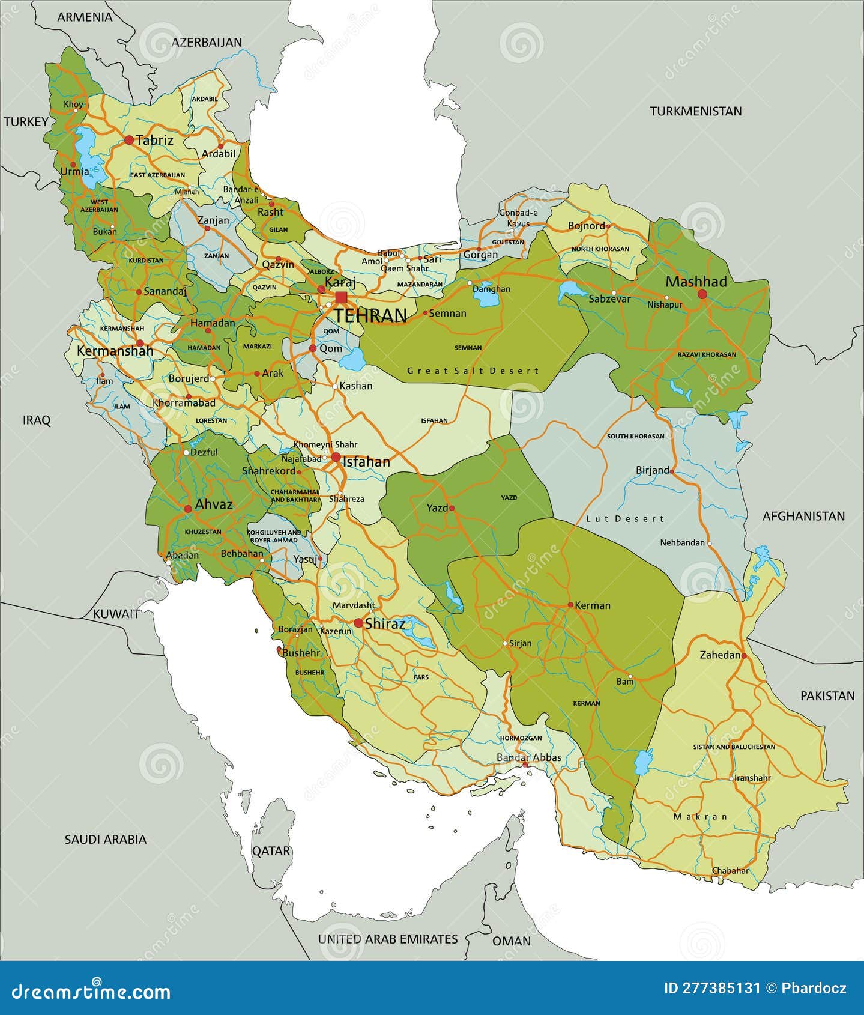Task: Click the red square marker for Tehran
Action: (x=341, y=297)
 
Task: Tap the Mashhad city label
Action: (x=696, y=282)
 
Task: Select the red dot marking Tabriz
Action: (x=129, y=140)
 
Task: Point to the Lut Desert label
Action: (x=625, y=518)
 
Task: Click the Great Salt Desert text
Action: (x=473, y=371)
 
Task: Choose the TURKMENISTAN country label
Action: (x=695, y=111)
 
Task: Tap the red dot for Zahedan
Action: (x=744, y=656)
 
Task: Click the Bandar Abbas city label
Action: (x=528, y=757)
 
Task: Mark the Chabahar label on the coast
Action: (x=730, y=870)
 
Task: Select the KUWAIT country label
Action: (x=116, y=614)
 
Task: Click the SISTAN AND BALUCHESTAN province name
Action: (x=734, y=747)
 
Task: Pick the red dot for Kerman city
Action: (x=570, y=605)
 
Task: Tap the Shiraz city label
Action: (x=385, y=623)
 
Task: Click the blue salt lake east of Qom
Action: (x=353, y=359)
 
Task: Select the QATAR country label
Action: (x=271, y=851)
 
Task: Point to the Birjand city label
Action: (x=652, y=470)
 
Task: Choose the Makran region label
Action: (x=700, y=816)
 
